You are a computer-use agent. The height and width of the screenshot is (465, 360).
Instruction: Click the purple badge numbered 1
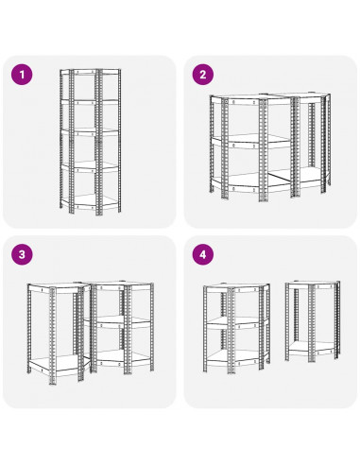coord(22,75)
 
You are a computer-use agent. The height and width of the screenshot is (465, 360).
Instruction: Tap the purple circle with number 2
coord(203,75)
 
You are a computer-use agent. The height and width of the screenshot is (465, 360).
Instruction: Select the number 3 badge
coord(22,254)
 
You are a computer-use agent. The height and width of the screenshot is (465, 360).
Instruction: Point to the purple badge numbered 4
coord(203,254)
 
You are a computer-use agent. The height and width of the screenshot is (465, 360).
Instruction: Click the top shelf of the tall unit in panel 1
coord(90,72)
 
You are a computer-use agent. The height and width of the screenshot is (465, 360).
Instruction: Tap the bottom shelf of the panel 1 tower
coord(90,201)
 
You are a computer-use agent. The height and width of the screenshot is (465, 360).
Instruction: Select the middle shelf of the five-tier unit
coord(90,133)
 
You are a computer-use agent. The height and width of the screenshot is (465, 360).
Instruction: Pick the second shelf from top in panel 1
coord(90,101)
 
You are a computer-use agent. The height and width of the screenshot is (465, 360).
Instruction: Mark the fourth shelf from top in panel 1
coord(90,167)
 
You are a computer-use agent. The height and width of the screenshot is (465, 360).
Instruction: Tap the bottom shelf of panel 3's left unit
coord(59,366)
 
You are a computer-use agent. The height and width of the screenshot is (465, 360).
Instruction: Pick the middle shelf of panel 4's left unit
coord(237,322)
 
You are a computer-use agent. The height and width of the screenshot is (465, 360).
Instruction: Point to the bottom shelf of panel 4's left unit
coord(237,358)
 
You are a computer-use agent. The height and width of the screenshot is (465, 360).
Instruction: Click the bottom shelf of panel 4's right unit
coord(313,349)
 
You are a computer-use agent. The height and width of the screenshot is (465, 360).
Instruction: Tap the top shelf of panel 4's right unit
coord(313,284)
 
